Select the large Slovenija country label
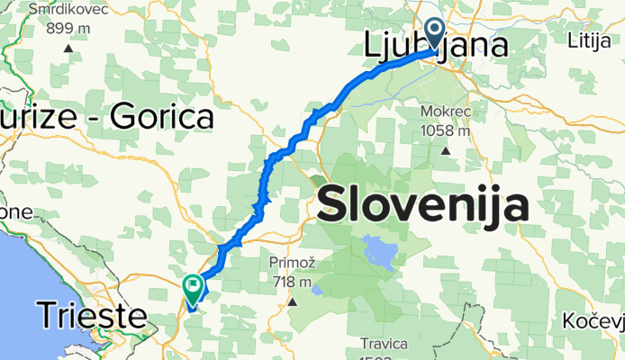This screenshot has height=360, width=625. [x=422, y=205]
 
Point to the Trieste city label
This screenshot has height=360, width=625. [x=91, y=315]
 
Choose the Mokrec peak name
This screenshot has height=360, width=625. [x=446, y=112]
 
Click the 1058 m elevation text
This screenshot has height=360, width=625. [x=446, y=130]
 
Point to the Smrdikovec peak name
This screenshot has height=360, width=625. [x=68, y=10]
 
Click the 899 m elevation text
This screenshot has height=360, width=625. [x=68, y=28]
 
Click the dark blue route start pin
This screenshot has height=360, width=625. [x=433, y=34]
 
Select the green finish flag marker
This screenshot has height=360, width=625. [x=194, y=287]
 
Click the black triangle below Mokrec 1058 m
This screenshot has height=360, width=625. [x=445, y=150]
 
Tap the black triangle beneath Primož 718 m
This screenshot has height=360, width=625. [x=293, y=301]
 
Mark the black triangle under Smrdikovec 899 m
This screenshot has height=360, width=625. [x=68, y=48]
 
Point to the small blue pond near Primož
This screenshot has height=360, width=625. [x=316, y=290]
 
